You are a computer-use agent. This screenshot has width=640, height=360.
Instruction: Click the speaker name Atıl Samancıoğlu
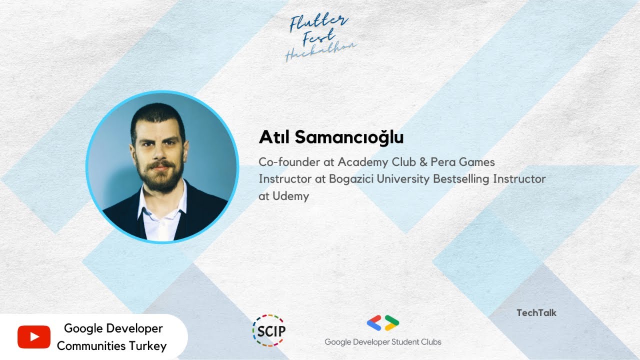click(331, 137)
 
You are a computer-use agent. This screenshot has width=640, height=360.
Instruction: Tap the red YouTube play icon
click(34, 337)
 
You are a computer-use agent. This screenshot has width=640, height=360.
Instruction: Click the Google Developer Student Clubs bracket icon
click(383, 323)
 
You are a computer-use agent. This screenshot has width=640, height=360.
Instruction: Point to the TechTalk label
click(536, 313)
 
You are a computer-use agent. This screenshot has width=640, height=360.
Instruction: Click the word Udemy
click(291, 196)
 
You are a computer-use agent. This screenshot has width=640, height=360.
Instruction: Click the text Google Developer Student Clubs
click(383, 342)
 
